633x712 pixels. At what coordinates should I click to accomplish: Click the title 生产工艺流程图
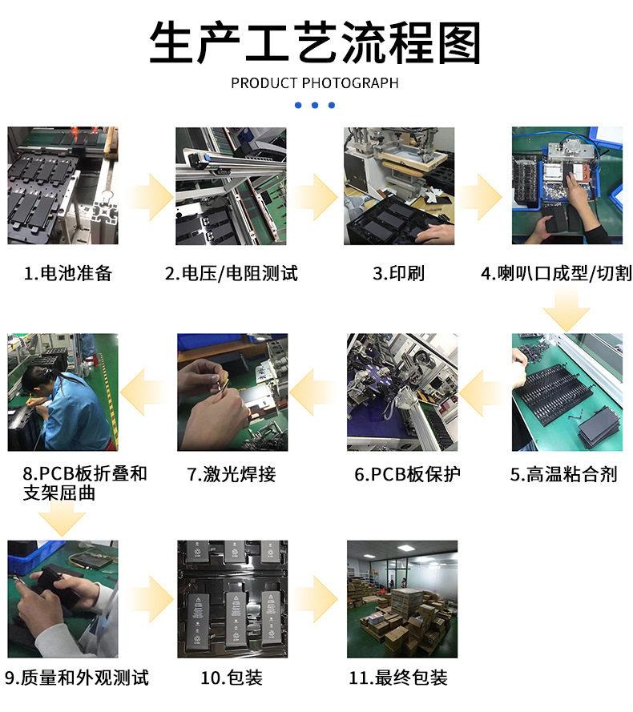tap(315, 42)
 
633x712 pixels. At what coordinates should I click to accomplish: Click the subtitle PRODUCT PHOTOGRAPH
tap(314, 83)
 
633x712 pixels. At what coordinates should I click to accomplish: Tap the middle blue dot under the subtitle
tap(315, 105)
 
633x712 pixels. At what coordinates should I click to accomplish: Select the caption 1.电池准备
tap(68, 273)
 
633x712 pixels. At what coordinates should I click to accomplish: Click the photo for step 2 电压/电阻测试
tap(231, 186)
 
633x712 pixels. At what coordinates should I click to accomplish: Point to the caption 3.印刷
tap(398, 273)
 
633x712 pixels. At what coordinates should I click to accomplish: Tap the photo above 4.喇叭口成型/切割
tap(567, 186)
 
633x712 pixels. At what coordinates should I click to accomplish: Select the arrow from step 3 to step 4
tap(478, 197)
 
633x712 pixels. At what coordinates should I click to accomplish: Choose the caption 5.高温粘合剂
tap(563, 474)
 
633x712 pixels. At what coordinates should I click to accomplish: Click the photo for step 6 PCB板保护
tap(402, 392)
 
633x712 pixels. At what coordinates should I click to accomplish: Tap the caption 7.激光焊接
tap(232, 474)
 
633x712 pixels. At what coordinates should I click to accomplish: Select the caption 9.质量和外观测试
tap(76, 678)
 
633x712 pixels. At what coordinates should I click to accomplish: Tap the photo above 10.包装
tap(232, 599)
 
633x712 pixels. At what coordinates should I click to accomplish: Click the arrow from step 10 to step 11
tap(315, 599)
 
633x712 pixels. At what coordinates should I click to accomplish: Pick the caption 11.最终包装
tap(398, 678)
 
